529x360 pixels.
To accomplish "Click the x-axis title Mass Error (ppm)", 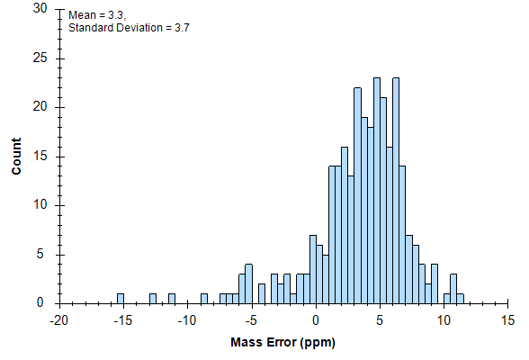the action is pyautogui.click(x=282, y=343).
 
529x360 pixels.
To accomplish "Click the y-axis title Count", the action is pyautogui.click(x=16, y=156).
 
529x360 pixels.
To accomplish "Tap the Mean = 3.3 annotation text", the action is pyautogui.click(x=97, y=15).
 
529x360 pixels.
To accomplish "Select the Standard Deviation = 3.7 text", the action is pyautogui.click(x=129, y=28).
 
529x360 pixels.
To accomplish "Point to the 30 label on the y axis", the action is pyautogui.click(x=40, y=8).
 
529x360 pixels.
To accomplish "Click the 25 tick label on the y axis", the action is pyautogui.click(x=40, y=58).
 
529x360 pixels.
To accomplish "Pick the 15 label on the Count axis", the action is pyautogui.click(x=40, y=157).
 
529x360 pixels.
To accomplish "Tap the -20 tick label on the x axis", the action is pyautogui.click(x=59, y=320).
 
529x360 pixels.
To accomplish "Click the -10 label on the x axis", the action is pyautogui.click(x=187, y=320).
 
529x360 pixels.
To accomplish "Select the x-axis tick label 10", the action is pyautogui.click(x=444, y=320).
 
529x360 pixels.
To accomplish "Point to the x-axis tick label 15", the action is pyautogui.click(x=507, y=320).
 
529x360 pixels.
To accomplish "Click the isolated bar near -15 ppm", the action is pyautogui.click(x=121, y=299).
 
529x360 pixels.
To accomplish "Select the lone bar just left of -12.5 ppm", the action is pyautogui.click(x=153, y=299).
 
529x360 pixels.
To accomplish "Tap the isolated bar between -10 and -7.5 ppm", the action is pyautogui.click(x=204, y=299).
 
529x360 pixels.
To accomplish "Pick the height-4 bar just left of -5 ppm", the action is pyautogui.click(x=249, y=284).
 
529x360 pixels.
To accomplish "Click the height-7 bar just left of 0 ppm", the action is pyautogui.click(x=313, y=269).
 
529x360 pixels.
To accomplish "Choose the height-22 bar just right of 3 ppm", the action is pyautogui.click(x=358, y=195).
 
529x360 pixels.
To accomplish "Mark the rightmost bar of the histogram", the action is pyautogui.click(x=461, y=299).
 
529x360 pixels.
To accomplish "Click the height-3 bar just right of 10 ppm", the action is pyautogui.click(x=453, y=289).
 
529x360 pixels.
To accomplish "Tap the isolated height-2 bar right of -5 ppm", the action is pyautogui.click(x=262, y=293).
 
